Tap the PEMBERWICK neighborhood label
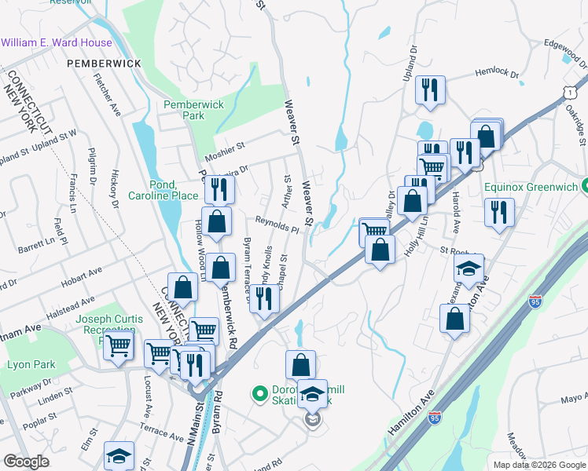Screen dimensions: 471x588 104,63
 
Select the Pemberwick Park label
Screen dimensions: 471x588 193,110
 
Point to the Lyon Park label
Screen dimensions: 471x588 31,365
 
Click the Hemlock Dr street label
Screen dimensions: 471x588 497,75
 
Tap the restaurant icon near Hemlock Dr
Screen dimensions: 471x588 431,89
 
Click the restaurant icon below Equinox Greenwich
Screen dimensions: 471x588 499,212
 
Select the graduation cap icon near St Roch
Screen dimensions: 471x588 469,268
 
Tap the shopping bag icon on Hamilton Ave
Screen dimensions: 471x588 455,318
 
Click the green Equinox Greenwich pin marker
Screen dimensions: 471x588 585,187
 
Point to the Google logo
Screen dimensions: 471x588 26,462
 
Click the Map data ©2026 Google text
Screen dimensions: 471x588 538,465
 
